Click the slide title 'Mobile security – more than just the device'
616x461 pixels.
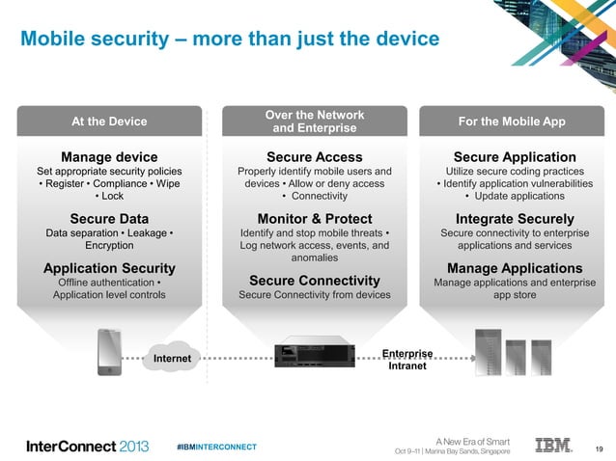(230, 39)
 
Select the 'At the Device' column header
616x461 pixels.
(109, 122)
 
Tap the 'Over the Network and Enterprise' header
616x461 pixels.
(314, 122)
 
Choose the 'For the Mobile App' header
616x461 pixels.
(518, 122)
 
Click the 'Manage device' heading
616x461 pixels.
(109, 157)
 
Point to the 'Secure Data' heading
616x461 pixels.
(109, 218)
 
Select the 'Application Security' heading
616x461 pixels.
(109, 267)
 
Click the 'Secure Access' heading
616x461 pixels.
(314, 157)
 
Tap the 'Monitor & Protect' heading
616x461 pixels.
(314, 218)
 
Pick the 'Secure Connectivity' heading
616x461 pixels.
(314, 281)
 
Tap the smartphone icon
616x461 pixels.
(110, 354)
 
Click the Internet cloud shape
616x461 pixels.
(172, 359)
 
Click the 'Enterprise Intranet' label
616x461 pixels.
(406, 361)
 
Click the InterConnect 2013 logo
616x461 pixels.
(87, 447)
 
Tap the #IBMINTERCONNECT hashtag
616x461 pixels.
(217, 447)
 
